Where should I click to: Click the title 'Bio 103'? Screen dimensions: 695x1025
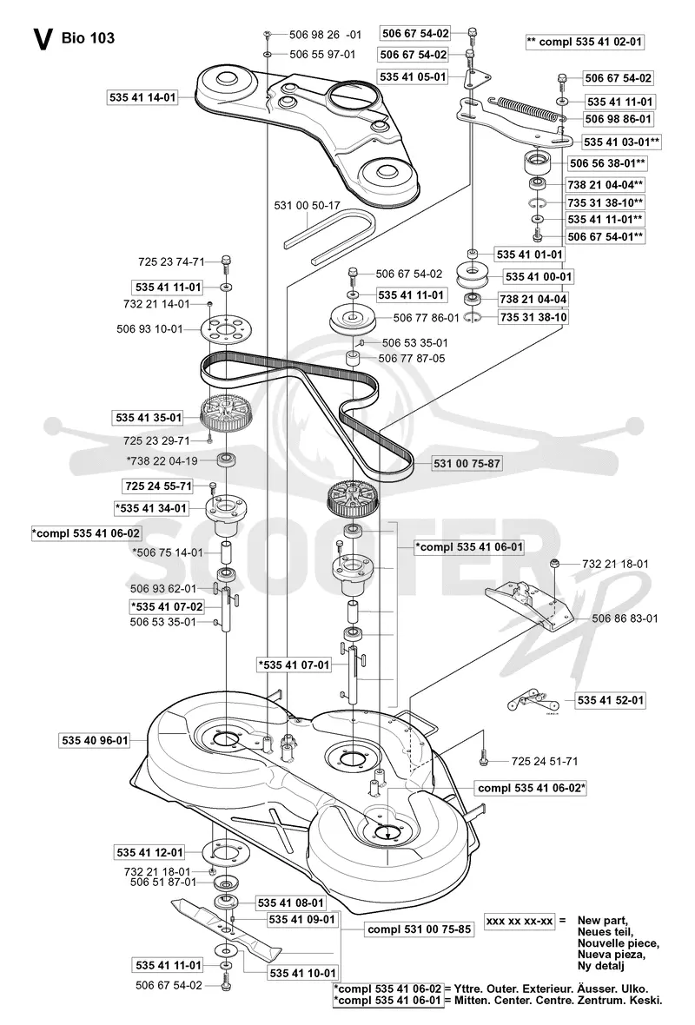click(x=88, y=38)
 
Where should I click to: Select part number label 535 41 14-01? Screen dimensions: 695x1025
click(x=142, y=98)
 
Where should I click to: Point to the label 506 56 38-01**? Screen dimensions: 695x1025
click(x=607, y=162)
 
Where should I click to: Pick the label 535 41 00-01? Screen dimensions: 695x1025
click(x=538, y=276)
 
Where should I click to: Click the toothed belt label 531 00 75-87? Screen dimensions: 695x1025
click(x=467, y=464)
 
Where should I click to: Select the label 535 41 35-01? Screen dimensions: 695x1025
click(x=149, y=418)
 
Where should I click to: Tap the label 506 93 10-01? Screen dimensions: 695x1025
click(x=149, y=329)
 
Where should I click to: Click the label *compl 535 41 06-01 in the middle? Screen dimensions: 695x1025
click(x=469, y=546)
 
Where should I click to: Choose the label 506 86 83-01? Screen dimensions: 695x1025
click(x=625, y=618)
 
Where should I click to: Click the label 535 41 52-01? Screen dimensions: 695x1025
click(x=611, y=700)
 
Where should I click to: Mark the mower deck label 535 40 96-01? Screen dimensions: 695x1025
click(x=95, y=741)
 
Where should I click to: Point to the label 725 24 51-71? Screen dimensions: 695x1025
click(x=545, y=761)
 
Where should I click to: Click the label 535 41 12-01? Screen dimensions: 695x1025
click(x=149, y=852)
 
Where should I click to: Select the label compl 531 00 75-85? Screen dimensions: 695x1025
click(x=419, y=929)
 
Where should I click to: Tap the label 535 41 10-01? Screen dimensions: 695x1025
click(x=302, y=974)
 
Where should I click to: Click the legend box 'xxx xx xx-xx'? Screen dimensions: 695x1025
click(x=520, y=921)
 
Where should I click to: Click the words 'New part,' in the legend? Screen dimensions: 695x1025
click(x=603, y=921)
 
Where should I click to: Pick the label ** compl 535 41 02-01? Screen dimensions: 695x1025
click(x=585, y=42)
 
